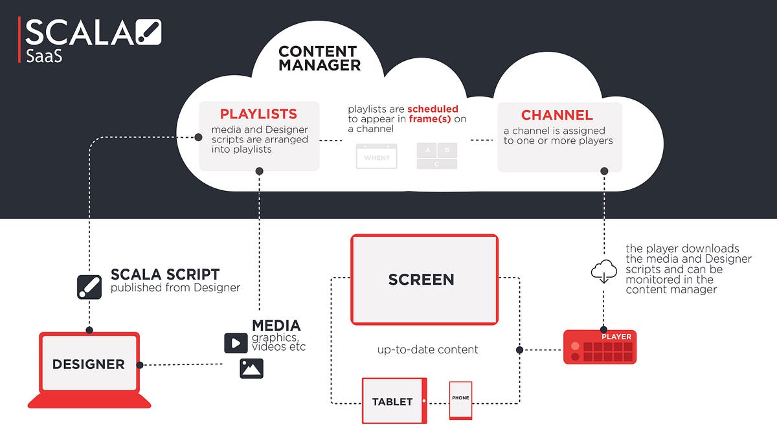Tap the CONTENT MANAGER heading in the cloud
coord(319,58)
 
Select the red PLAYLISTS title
coord(258,115)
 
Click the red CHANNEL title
coord(557,115)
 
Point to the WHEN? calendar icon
coord(376,157)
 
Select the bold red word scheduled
coord(433,109)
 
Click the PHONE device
coord(460,399)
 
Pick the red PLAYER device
coord(600,347)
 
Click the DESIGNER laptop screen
coord(89,364)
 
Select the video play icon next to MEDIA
coord(236,343)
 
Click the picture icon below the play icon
coord(251,368)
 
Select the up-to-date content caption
coord(427,350)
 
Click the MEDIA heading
coord(276,326)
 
